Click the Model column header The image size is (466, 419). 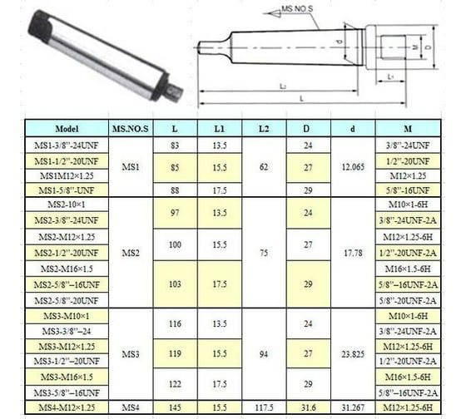click(65, 129)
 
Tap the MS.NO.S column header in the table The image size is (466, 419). click(130, 129)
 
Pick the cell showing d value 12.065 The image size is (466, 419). click(353, 168)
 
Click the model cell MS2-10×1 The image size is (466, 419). click(65, 204)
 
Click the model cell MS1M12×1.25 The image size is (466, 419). click(65, 175)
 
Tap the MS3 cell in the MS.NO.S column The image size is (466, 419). click(130, 354)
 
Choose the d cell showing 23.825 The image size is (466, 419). click(353, 354)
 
